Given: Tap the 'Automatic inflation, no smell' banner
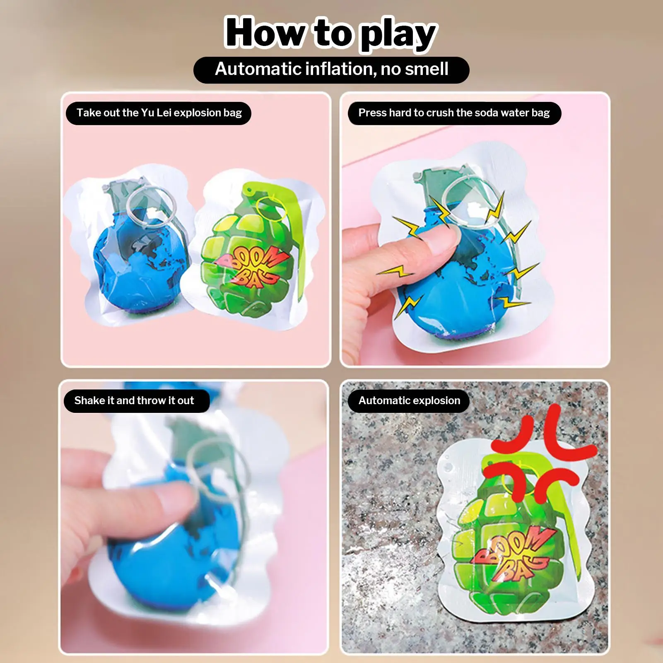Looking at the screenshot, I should click(x=331, y=69).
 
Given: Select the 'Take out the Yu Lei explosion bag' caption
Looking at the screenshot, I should click(x=159, y=113).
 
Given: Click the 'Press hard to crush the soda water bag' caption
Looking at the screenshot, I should click(x=454, y=113).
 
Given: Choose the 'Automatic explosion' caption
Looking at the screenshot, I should click(x=409, y=400).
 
